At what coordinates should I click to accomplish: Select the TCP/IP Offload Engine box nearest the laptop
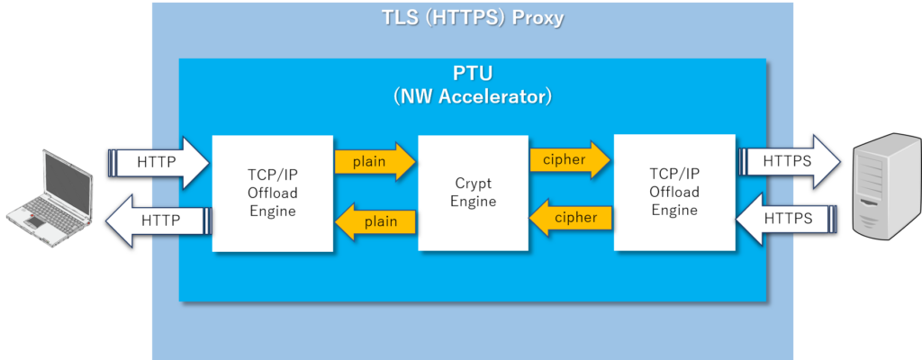(x=273, y=193)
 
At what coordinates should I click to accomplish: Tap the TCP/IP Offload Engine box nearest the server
(x=674, y=193)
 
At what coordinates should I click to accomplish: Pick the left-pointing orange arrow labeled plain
(x=375, y=221)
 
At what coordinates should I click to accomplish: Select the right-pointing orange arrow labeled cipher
(x=570, y=159)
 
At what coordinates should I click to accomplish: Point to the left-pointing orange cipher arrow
(x=570, y=218)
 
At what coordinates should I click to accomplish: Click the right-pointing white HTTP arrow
(x=158, y=163)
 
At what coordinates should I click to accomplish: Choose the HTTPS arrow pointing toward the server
(x=790, y=161)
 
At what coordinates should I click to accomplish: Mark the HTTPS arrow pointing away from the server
(x=786, y=218)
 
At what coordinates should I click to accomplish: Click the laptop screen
(x=67, y=178)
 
